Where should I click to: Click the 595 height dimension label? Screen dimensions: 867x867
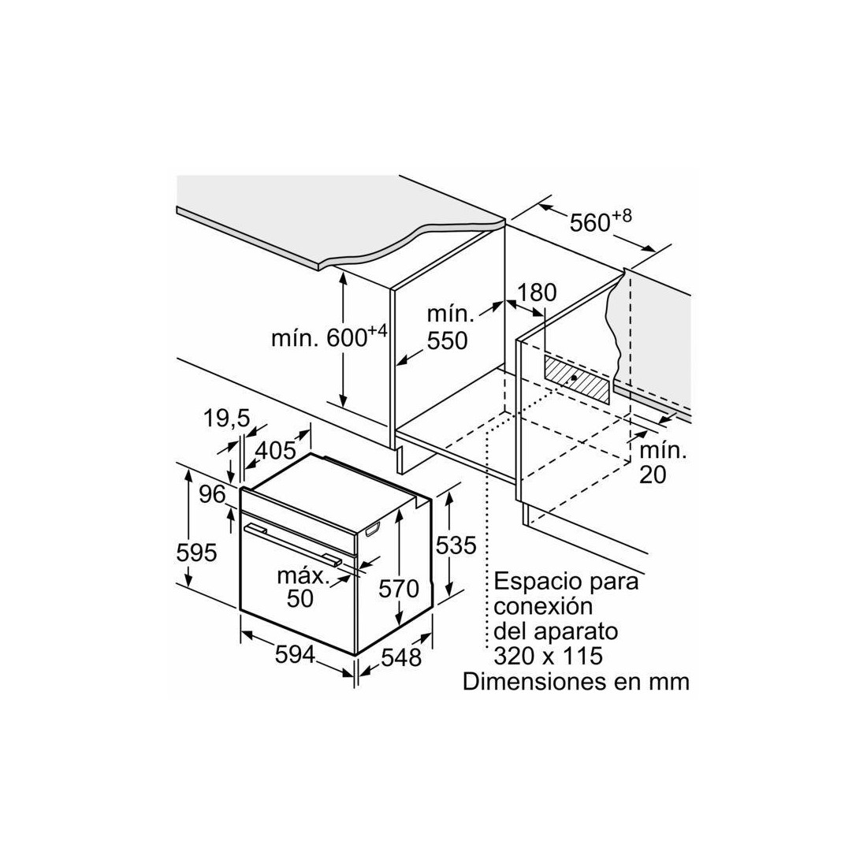click(x=196, y=553)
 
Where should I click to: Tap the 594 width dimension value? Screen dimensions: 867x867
click(x=295, y=655)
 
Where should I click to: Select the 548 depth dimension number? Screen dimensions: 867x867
click(x=401, y=657)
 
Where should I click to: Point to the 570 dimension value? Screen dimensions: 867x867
click(x=399, y=588)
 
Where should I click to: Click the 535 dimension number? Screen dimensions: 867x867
click(x=456, y=545)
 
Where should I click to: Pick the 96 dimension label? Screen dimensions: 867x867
click(x=213, y=494)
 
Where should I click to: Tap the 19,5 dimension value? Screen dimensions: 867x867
click(x=226, y=418)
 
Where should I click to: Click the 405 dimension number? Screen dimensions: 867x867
click(x=275, y=451)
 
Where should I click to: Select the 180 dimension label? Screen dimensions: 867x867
click(x=537, y=292)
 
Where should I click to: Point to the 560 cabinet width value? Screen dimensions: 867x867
click(x=590, y=222)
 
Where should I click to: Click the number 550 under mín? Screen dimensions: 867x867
click(x=448, y=340)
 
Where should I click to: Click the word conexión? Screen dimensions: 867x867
click(x=543, y=606)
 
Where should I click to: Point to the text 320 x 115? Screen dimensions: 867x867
click(x=548, y=656)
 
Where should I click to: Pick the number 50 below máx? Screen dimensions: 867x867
click(x=300, y=598)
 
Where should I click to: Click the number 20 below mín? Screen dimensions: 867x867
click(x=653, y=475)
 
